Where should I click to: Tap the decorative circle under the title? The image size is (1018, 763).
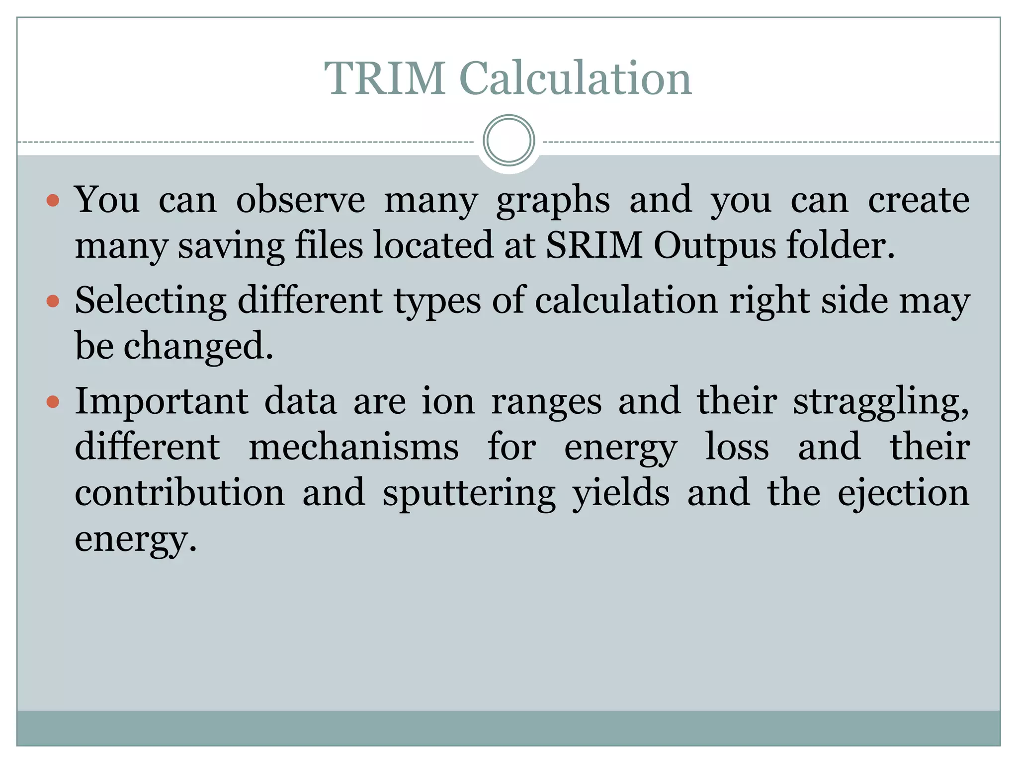[x=509, y=140]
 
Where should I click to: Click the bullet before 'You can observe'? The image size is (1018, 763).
[x=53, y=201]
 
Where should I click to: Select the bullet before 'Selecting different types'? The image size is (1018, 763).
[x=53, y=301]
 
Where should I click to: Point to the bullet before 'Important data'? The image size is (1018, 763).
[x=53, y=401]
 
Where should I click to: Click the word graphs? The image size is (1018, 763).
[x=553, y=201]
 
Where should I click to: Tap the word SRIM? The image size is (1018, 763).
[x=594, y=245]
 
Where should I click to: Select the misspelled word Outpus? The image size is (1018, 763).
[x=714, y=245]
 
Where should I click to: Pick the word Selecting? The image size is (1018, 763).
[x=151, y=301]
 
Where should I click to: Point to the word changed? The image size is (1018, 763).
[x=198, y=346]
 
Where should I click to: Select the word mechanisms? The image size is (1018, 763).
[x=353, y=447]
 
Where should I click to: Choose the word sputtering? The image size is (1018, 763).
[x=469, y=494]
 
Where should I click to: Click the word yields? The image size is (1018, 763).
[x=621, y=493]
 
